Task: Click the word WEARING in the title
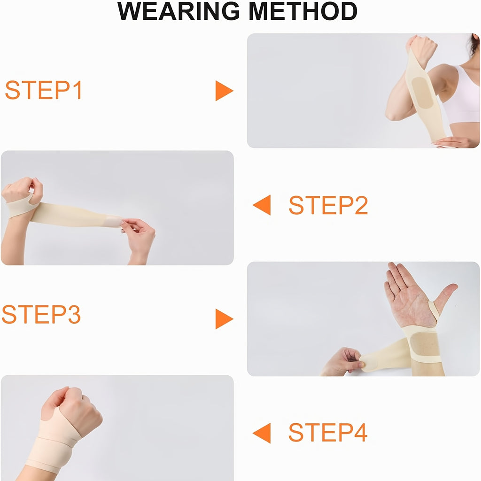coord(178,11)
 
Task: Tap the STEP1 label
coord(43,90)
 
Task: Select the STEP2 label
coord(328,205)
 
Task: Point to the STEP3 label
coord(41,314)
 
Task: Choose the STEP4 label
coord(328,432)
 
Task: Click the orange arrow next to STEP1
coord(224,91)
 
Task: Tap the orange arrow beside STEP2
coord(262,205)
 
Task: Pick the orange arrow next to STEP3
coord(224,319)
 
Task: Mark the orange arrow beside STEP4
coord(262,433)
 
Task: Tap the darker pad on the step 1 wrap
coord(422,93)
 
